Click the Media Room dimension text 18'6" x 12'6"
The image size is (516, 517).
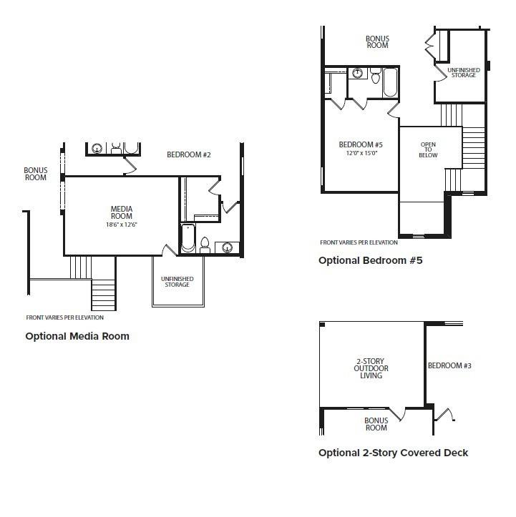(x=122, y=225)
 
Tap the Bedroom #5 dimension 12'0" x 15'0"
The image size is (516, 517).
(x=361, y=153)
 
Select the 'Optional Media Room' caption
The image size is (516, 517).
(x=77, y=336)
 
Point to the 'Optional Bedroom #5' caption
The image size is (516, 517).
(x=371, y=260)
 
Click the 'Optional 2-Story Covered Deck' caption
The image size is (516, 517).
(x=394, y=453)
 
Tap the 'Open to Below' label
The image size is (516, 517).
(x=428, y=149)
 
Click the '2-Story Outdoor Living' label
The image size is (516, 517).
(x=371, y=368)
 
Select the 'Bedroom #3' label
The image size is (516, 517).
(x=449, y=365)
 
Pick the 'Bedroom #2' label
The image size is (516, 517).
(x=189, y=154)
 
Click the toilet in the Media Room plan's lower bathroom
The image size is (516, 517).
(x=205, y=245)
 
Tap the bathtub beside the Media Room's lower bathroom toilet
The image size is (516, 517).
(x=188, y=237)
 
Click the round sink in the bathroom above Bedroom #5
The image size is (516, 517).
(x=357, y=73)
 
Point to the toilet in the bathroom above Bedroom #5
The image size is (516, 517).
(x=376, y=76)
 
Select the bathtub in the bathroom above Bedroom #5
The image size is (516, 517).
(x=391, y=82)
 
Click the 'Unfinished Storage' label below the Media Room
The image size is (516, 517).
(x=177, y=282)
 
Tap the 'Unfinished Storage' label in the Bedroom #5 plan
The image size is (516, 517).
(x=464, y=72)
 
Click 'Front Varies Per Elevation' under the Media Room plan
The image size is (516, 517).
(x=64, y=317)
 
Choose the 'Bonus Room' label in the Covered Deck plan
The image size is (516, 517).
(x=376, y=424)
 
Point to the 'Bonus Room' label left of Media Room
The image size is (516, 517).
(x=36, y=174)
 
